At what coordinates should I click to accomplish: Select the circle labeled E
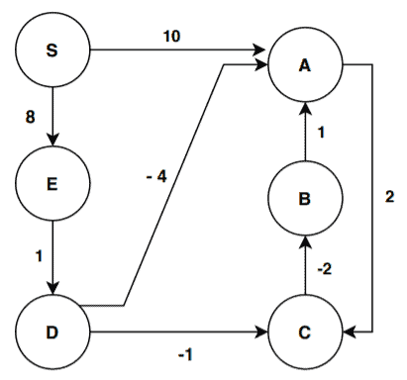52,183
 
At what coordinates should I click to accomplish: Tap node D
52,329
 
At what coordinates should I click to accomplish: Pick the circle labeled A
306,64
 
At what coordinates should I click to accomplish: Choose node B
306,199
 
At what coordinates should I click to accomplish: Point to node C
306,329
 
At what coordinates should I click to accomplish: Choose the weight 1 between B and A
322,132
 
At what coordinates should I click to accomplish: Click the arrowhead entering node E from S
52,141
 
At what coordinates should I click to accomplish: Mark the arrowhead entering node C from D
262,329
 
